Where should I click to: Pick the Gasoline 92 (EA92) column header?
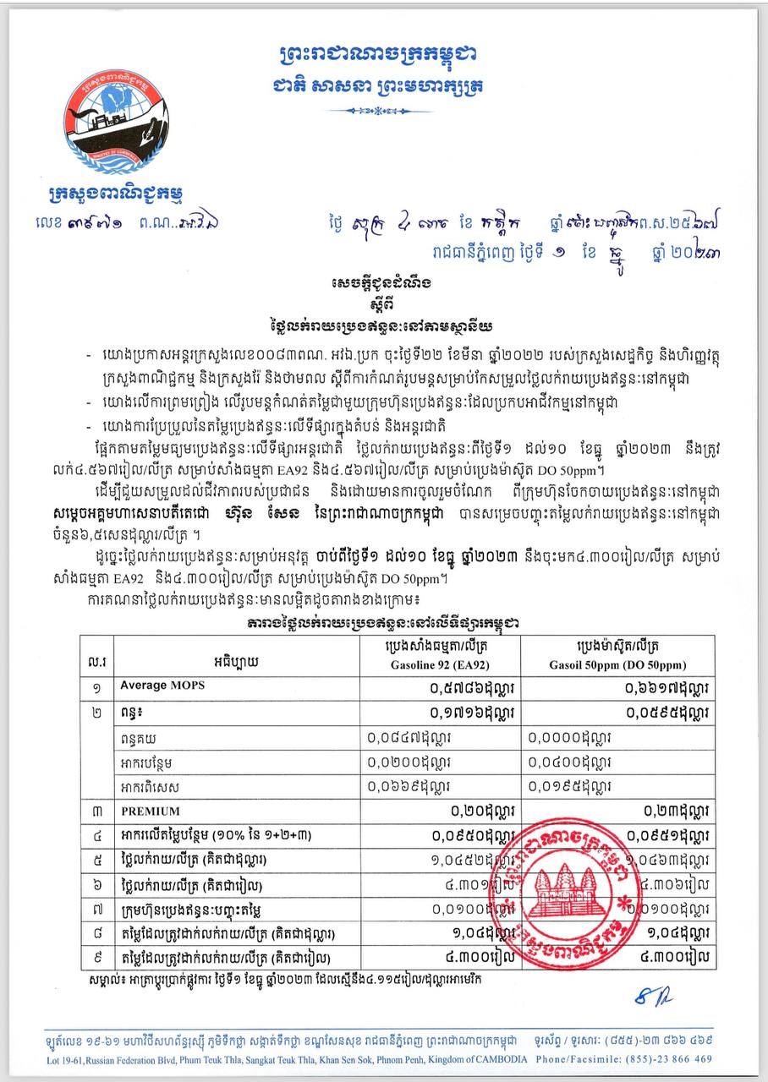436,655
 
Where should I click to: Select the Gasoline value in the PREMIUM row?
485,811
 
